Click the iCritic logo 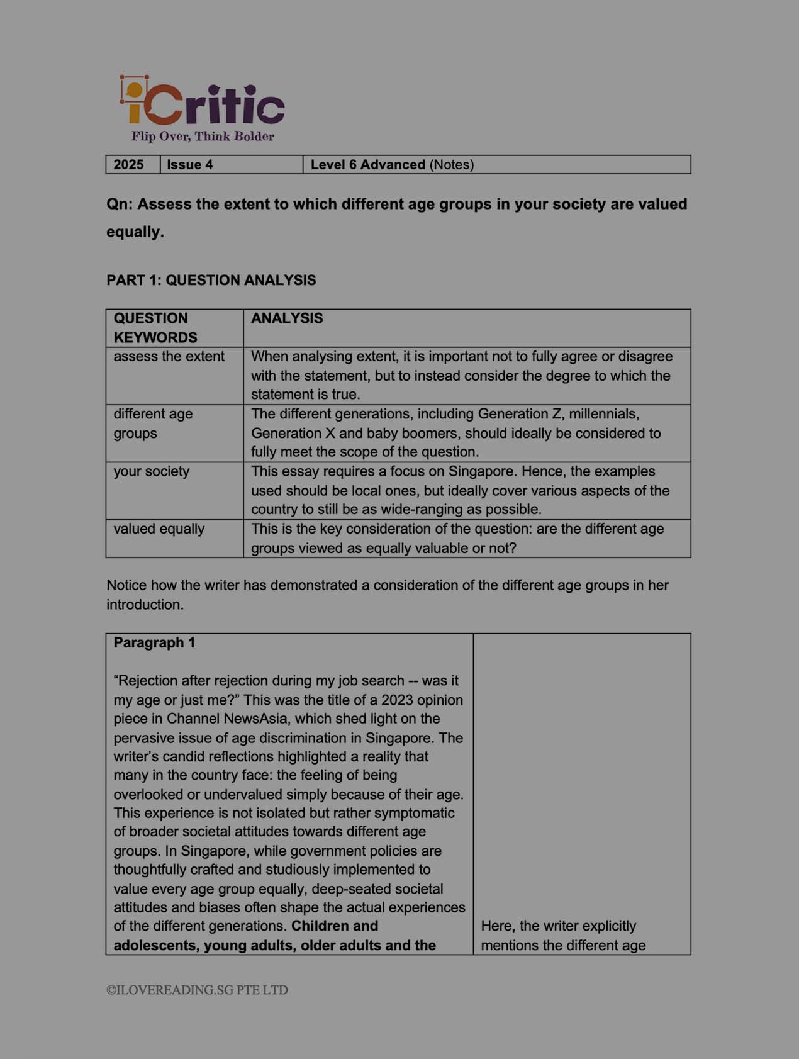point(202,101)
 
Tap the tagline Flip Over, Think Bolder point(203,137)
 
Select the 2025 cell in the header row point(129,165)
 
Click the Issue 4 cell point(190,165)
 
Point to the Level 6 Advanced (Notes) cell point(392,165)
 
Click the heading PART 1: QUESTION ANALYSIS point(211,280)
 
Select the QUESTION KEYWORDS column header point(155,328)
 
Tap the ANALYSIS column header point(287,318)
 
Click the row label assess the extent point(169,357)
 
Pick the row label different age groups point(153,423)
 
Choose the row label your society point(151,471)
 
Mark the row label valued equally point(159,529)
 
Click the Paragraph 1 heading point(154,642)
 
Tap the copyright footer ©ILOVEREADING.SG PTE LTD point(197,990)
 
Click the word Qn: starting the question point(120,205)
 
